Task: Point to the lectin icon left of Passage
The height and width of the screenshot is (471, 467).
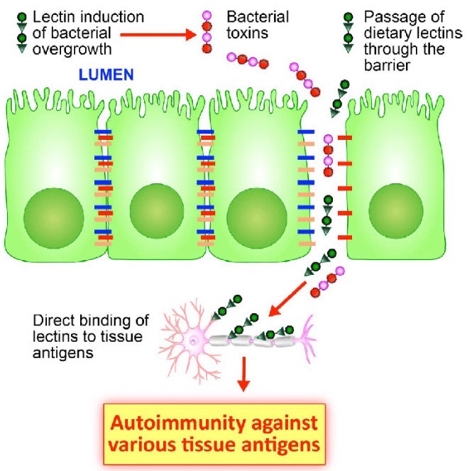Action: pos(347,33)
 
